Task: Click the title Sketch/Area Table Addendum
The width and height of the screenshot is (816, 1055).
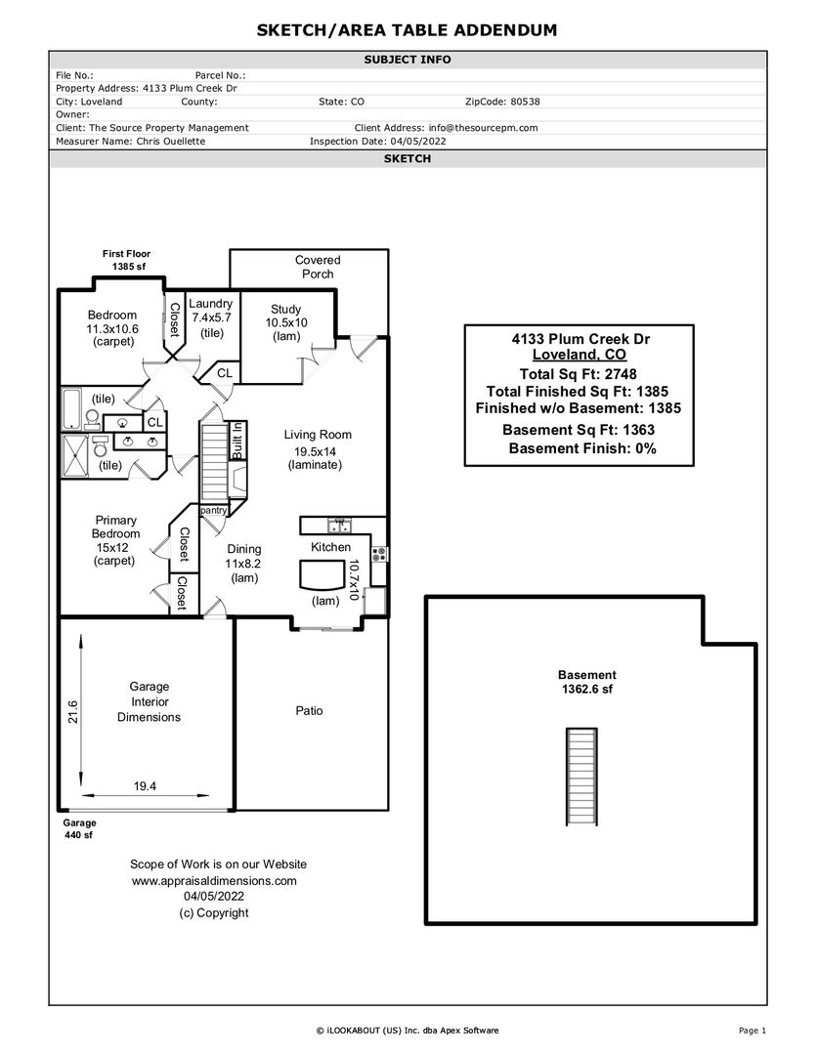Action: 408,30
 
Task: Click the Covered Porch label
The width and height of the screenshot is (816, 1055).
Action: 318,267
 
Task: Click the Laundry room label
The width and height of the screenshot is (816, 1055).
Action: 211,304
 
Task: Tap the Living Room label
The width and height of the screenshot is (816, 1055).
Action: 318,435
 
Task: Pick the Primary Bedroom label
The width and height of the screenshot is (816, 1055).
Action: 115,527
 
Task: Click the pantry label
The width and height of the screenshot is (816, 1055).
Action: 213,510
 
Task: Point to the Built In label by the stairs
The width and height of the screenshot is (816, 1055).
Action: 237,441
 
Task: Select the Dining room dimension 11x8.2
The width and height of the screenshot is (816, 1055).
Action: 243,564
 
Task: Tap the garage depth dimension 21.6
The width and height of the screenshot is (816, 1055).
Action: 72,711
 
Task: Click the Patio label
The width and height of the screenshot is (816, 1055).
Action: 309,710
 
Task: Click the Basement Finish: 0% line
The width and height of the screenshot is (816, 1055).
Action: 581,448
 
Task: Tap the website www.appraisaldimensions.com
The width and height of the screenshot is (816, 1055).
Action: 213,880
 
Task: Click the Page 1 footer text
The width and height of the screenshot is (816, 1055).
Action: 752,1031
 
